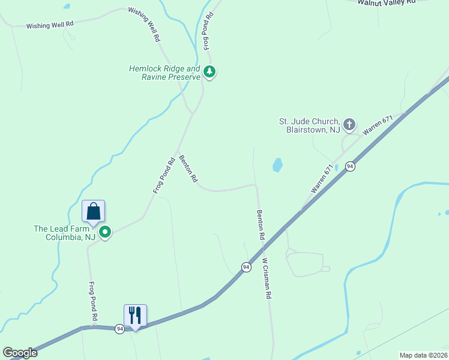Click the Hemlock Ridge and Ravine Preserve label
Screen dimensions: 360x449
coord(164,73)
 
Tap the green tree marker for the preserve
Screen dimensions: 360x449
coord(209,72)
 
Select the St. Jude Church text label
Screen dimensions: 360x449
coord(309,125)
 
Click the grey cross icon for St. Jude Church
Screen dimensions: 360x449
coord(349,125)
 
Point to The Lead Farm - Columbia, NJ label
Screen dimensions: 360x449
coord(65,233)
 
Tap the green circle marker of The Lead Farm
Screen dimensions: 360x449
coord(105,232)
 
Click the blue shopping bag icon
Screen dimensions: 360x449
coord(93,211)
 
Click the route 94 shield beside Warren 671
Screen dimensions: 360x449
coord(350,166)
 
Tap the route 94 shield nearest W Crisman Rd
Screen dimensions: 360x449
coord(246,267)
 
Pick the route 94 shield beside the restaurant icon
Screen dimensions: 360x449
coord(120,329)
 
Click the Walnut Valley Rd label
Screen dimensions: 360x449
coord(387,2)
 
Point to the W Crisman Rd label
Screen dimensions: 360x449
coord(267,279)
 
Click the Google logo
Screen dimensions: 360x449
coord(20,352)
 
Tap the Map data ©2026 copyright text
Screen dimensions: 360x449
coord(423,355)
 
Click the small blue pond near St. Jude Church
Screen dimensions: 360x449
coord(277,165)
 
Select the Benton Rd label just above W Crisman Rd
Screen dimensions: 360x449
coord(261,225)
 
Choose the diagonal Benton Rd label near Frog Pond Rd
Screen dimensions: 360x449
coord(188,170)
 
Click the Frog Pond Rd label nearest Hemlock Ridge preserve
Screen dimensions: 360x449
coord(208,31)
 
